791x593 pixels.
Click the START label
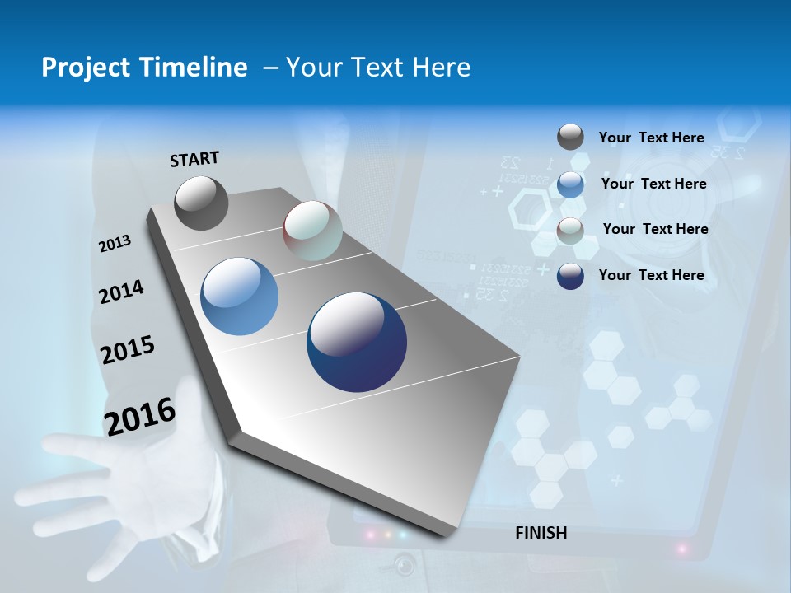[194, 159]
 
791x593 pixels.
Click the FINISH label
[541, 533]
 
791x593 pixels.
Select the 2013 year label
[115, 244]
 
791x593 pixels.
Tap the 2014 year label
[121, 292]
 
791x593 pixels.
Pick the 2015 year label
[127, 349]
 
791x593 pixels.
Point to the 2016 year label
[139, 416]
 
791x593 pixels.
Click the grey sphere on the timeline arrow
[201, 203]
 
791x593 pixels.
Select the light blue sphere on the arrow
[239, 296]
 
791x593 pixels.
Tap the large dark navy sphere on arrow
[356, 342]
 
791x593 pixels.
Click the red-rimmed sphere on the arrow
[312, 231]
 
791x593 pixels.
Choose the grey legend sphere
[570, 137]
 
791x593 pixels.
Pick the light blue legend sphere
[570, 184]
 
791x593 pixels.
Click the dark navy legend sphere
[570, 276]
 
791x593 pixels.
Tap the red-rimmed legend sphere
[570, 231]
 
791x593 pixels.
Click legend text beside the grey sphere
[651, 138]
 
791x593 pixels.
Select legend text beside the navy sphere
[651, 275]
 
